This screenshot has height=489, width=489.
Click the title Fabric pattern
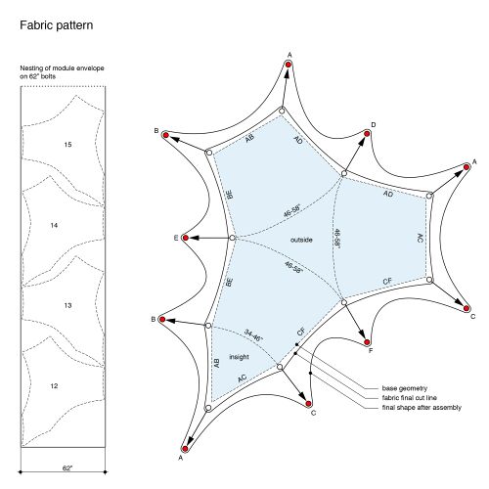(57, 25)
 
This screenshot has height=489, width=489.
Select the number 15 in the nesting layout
(67, 145)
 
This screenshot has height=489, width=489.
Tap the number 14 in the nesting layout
(54, 225)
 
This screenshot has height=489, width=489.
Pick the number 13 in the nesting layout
(67, 305)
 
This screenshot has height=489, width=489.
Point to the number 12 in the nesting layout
(54, 386)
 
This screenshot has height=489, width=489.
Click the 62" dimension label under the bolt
(67, 468)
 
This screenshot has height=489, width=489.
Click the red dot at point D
(367, 134)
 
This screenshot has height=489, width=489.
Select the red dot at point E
(186, 238)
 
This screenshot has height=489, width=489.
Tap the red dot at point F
(367, 342)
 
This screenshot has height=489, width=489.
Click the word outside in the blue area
(301, 240)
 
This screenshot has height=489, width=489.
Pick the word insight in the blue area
(239, 357)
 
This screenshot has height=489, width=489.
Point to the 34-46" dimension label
(253, 335)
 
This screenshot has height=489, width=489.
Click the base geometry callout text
(405, 388)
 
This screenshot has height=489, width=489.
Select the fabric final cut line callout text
(410, 398)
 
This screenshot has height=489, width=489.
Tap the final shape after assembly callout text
(422, 408)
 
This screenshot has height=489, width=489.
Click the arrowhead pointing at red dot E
(194, 238)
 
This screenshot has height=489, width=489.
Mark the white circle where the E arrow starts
(232, 238)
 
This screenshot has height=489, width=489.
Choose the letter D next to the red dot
(374, 125)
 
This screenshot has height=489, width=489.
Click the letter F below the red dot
(371, 351)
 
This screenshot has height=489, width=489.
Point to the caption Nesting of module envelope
(62, 68)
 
